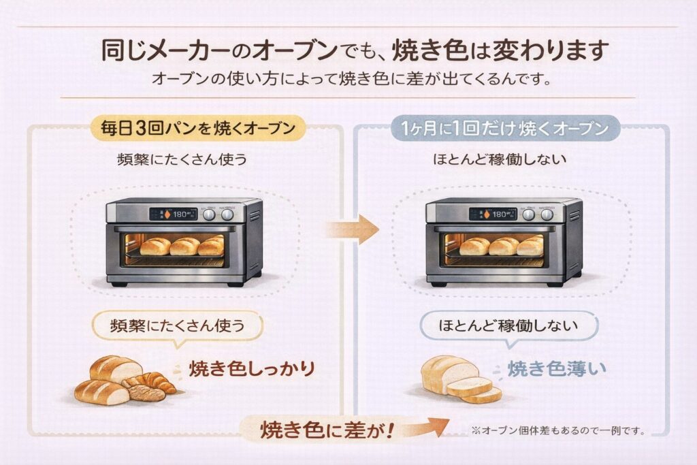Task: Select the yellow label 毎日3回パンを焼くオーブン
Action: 194,127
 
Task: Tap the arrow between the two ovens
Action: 354,229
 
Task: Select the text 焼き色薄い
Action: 557,369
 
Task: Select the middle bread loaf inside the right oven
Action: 504,246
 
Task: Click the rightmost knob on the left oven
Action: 227,214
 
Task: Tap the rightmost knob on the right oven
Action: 547,214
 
